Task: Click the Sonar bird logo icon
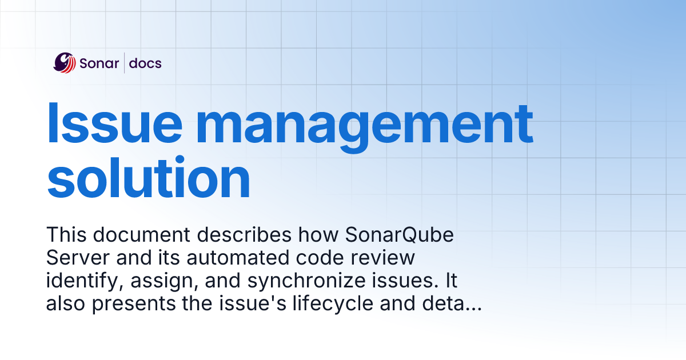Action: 65,62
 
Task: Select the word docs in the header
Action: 145,63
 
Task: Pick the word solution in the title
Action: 149,177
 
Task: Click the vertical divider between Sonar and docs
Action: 124,63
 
